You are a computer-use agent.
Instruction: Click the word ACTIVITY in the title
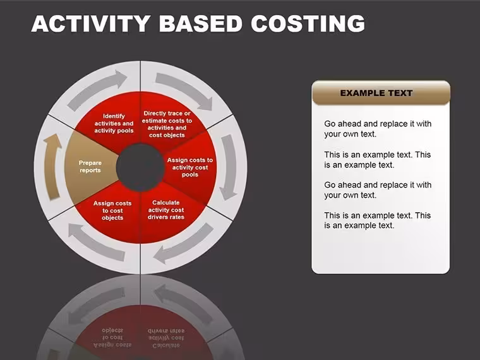coord(91,23)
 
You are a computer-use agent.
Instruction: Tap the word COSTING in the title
coord(308,23)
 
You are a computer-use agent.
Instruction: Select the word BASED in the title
coord(201,23)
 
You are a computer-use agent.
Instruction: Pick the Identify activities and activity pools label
coord(114,123)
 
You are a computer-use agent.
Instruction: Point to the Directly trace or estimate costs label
coord(167,124)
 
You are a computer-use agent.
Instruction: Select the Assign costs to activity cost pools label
coord(190,167)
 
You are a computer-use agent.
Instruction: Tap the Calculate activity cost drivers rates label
coord(166,210)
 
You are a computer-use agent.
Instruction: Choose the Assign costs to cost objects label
coord(112,210)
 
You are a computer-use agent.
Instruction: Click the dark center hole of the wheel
coord(140,167)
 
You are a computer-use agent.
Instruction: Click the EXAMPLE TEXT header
coord(376,93)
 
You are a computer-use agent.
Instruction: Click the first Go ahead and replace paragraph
coord(378,129)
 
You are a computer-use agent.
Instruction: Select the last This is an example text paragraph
coord(378,220)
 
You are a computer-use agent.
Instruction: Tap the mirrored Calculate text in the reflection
coord(166,345)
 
